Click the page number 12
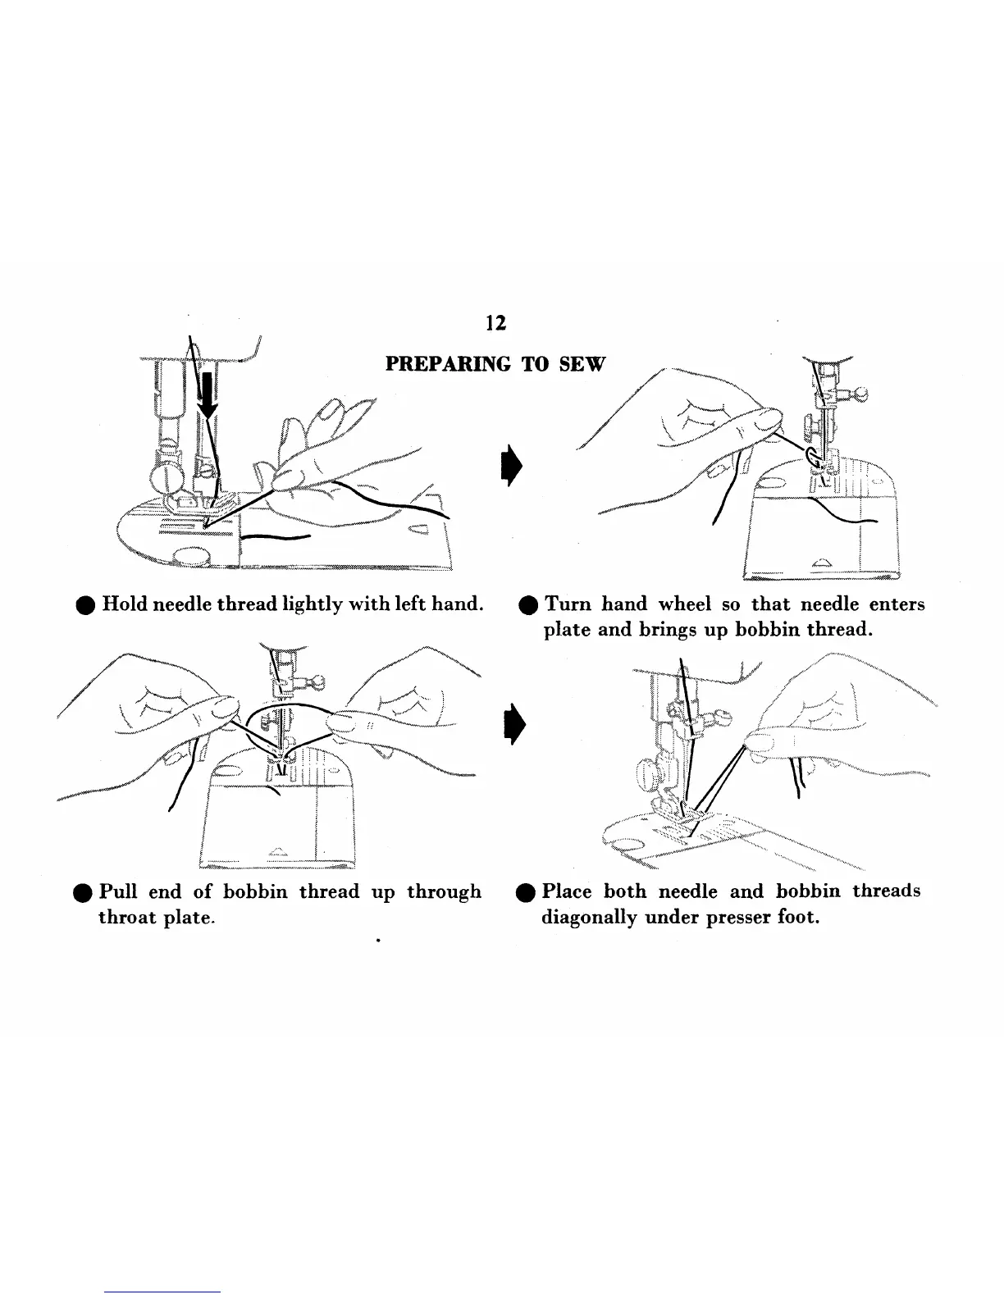click(x=495, y=323)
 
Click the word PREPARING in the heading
click(x=448, y=364)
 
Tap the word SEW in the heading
click(x=582, y=364)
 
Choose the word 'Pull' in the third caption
click(x=118, y=892)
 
